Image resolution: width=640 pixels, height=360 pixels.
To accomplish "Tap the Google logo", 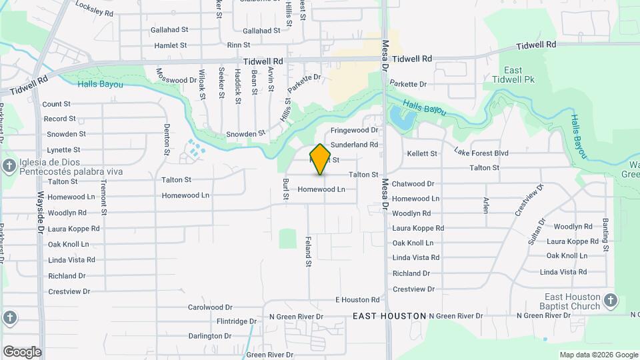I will (x=21, y=352).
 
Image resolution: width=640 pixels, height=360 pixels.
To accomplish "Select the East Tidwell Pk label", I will (x=521, y=75).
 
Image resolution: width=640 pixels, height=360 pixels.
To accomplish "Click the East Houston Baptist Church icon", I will (x=610, y=301).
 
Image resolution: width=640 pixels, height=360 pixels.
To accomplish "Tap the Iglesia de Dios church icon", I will (x=9, y=165).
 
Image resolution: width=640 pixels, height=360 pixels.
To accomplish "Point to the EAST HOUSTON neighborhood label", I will (x=389, y=315).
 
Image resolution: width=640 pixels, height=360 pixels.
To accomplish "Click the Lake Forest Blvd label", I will (x=481, y=153).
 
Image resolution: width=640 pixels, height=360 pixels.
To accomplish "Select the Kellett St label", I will (x=421, y=153).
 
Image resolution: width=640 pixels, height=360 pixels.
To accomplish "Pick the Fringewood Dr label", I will (x=354, y=130).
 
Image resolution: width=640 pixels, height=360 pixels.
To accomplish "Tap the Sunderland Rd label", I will (x=354, y=145).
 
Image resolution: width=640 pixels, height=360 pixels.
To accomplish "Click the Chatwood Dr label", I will (x=413, y=184).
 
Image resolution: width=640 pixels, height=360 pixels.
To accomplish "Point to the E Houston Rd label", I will (x=357, y=300).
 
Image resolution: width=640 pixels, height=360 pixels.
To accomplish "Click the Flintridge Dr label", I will (x=236, y=321).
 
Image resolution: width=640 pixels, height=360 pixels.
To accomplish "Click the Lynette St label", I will (x=63, y=150).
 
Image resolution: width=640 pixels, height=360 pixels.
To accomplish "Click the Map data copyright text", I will (x=598, y=355).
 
